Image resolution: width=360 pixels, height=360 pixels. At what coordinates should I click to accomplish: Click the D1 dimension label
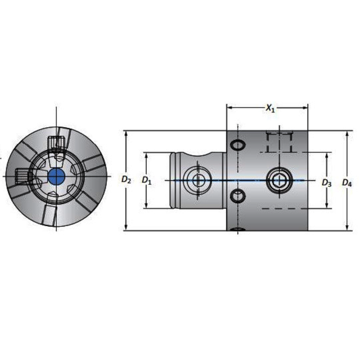click(146, 180)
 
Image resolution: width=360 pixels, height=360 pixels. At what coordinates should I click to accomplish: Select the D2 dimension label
click(126, 180)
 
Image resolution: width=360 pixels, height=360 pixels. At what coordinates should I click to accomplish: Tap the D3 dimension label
click(326, 182)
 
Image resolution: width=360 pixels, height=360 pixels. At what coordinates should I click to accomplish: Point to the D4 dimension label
click(347, 182)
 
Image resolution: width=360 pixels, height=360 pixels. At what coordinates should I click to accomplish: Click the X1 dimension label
click(270, 109)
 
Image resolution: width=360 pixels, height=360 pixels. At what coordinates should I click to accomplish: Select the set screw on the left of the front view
click(22, 176)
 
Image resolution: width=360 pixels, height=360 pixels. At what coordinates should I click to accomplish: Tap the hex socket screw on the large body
click(278, 180)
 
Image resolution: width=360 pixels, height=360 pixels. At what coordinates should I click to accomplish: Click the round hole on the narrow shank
click(198, 180)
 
